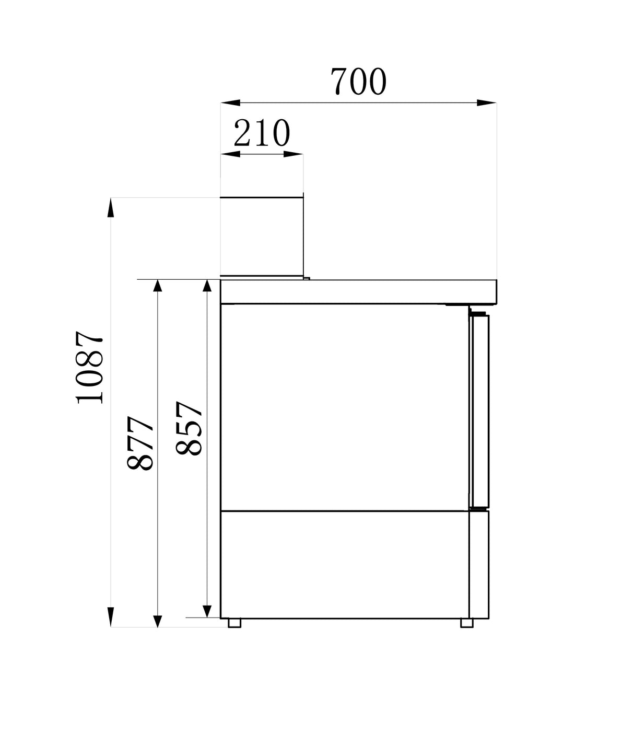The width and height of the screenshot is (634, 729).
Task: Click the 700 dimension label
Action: pyautogui.click(x=358, y=82)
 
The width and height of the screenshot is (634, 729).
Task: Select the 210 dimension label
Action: pyautogui.click(x=262, y=134)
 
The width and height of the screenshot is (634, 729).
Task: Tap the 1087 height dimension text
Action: pyautogui.click(x=90, y=368)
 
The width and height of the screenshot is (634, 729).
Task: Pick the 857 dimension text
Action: pyautogui.click(x=189, y=429)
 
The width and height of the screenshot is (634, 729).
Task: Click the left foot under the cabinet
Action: pyautogui.click(x=234, y=623)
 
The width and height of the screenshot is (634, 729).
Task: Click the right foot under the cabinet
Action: pyautogui.click(x=467, y=623)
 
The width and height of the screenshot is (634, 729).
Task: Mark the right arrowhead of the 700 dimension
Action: pyautogui.click(x=487, y=103)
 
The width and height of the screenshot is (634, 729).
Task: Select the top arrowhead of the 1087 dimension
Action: pyautogui.click(x=111, y=208)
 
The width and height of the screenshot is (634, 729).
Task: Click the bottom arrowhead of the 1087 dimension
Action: pyautogui.click(x=111, y=617)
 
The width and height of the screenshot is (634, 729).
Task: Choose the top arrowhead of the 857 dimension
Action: pyautogui.click(x=207, y=289)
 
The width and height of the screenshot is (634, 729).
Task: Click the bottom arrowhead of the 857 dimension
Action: pyautogui.click(x=207, y=609)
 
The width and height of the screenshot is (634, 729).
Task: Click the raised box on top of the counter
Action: pyautogui.click(x=261, y=236)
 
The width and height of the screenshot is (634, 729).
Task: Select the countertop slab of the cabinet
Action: pyautogui.click(x=358, y=291)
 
